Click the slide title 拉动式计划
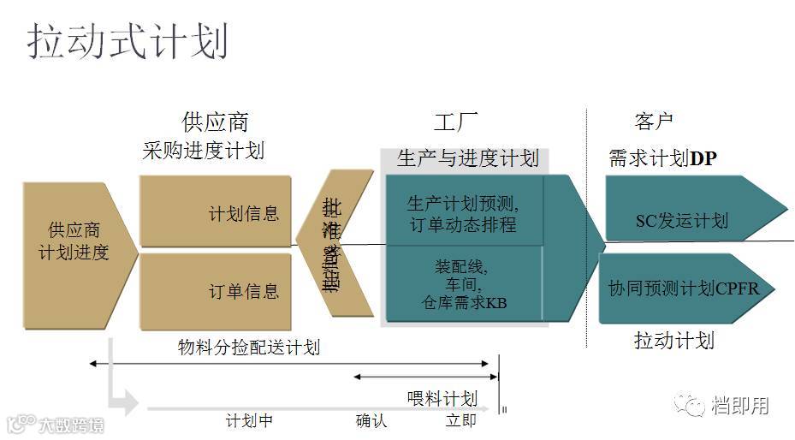(x=128, y=40)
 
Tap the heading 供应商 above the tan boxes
(x=215, y=122)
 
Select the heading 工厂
(x=455, y=122)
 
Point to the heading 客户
(x=654, y=122)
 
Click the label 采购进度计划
(x=203, y=152)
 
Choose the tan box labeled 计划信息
(x=217, y=212)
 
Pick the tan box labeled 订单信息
(x=217, y=291)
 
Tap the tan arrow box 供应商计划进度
(x=77, y=241)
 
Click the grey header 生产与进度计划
(x=467, y=158)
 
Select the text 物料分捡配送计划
(x=249, y=347)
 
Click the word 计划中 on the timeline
(x=249, y=421)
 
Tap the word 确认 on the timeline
(x=371, y=421)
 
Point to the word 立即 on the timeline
(x=460, y=421)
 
